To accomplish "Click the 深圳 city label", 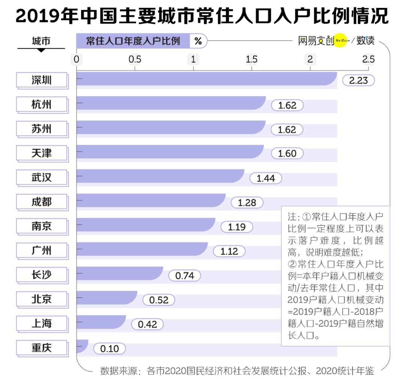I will click(42, 80).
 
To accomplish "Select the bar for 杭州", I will click(171, 103).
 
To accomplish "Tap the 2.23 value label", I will click(358, 80).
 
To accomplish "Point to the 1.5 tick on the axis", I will click(252, 59).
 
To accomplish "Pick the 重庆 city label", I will click(42, 348).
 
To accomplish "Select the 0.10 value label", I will click(109, 349).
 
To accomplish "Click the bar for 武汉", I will click(160, 176).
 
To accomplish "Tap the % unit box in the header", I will click(198, 41).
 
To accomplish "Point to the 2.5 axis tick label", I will click(368, 59).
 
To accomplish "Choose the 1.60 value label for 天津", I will click(287, 154).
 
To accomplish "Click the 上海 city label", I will click(42, 324).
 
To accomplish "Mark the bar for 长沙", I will click(120, 274).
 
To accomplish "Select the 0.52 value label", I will click(158, 300).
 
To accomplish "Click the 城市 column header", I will click(41, 41).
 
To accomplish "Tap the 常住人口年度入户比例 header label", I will click(133, 41).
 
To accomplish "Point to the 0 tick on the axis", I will click(76, 59).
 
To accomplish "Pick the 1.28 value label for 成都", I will click(247, 202).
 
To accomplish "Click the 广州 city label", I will click(42, 250).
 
